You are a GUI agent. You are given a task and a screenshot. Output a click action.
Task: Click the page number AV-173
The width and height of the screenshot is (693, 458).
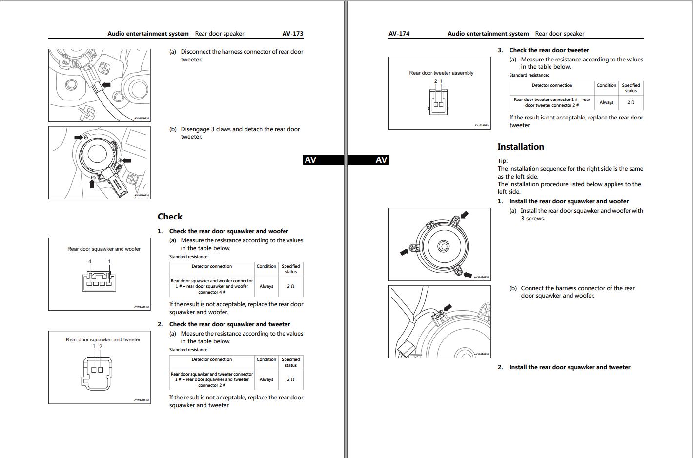click(x=292, y=34)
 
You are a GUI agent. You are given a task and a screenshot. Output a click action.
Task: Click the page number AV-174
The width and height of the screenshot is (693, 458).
click(x=399, y=34)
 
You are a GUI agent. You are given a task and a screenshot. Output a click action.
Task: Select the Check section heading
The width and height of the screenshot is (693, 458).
click(x=170, y=217)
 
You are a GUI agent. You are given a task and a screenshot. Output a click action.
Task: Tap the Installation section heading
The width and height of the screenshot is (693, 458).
click(x=520, y=147)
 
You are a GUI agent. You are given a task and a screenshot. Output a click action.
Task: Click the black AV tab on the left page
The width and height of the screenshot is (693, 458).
click(x=310, y=160)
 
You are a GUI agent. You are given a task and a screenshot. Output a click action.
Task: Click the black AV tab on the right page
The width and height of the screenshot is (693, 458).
click(x=382, y=160)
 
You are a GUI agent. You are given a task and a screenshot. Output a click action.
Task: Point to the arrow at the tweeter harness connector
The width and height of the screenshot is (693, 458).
click(x=106, y=84)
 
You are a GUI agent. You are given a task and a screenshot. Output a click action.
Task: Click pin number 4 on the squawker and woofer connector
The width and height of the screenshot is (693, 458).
click(x=90, y=262)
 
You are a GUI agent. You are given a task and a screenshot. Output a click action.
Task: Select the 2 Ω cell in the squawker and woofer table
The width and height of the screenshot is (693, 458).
click(x=290, y=286)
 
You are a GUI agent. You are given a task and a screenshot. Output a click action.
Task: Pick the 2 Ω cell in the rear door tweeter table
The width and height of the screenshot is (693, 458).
click(x=631, y=102)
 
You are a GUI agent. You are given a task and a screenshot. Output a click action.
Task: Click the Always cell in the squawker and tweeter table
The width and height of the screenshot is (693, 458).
click(x=266, y=379)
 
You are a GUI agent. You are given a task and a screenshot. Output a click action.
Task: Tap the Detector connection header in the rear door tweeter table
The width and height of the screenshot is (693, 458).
click(x=551, y=85)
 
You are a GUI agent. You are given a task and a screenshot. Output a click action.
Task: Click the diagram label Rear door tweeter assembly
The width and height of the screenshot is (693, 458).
click(x=441, y=73)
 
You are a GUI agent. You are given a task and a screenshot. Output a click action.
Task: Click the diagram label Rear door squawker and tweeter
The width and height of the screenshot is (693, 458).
click(x=103, y=339)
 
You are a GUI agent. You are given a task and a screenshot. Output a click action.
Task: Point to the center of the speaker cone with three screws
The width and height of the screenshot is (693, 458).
click(x=443, y=246)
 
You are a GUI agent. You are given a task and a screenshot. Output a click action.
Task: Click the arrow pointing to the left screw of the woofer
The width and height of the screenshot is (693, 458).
click(x=404, y=252)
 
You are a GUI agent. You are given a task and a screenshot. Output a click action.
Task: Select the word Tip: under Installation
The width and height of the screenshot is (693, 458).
click(x=502, y=161)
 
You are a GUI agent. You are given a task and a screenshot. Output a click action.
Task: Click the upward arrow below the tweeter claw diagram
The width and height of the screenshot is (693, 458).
click(x=92, y=184)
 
